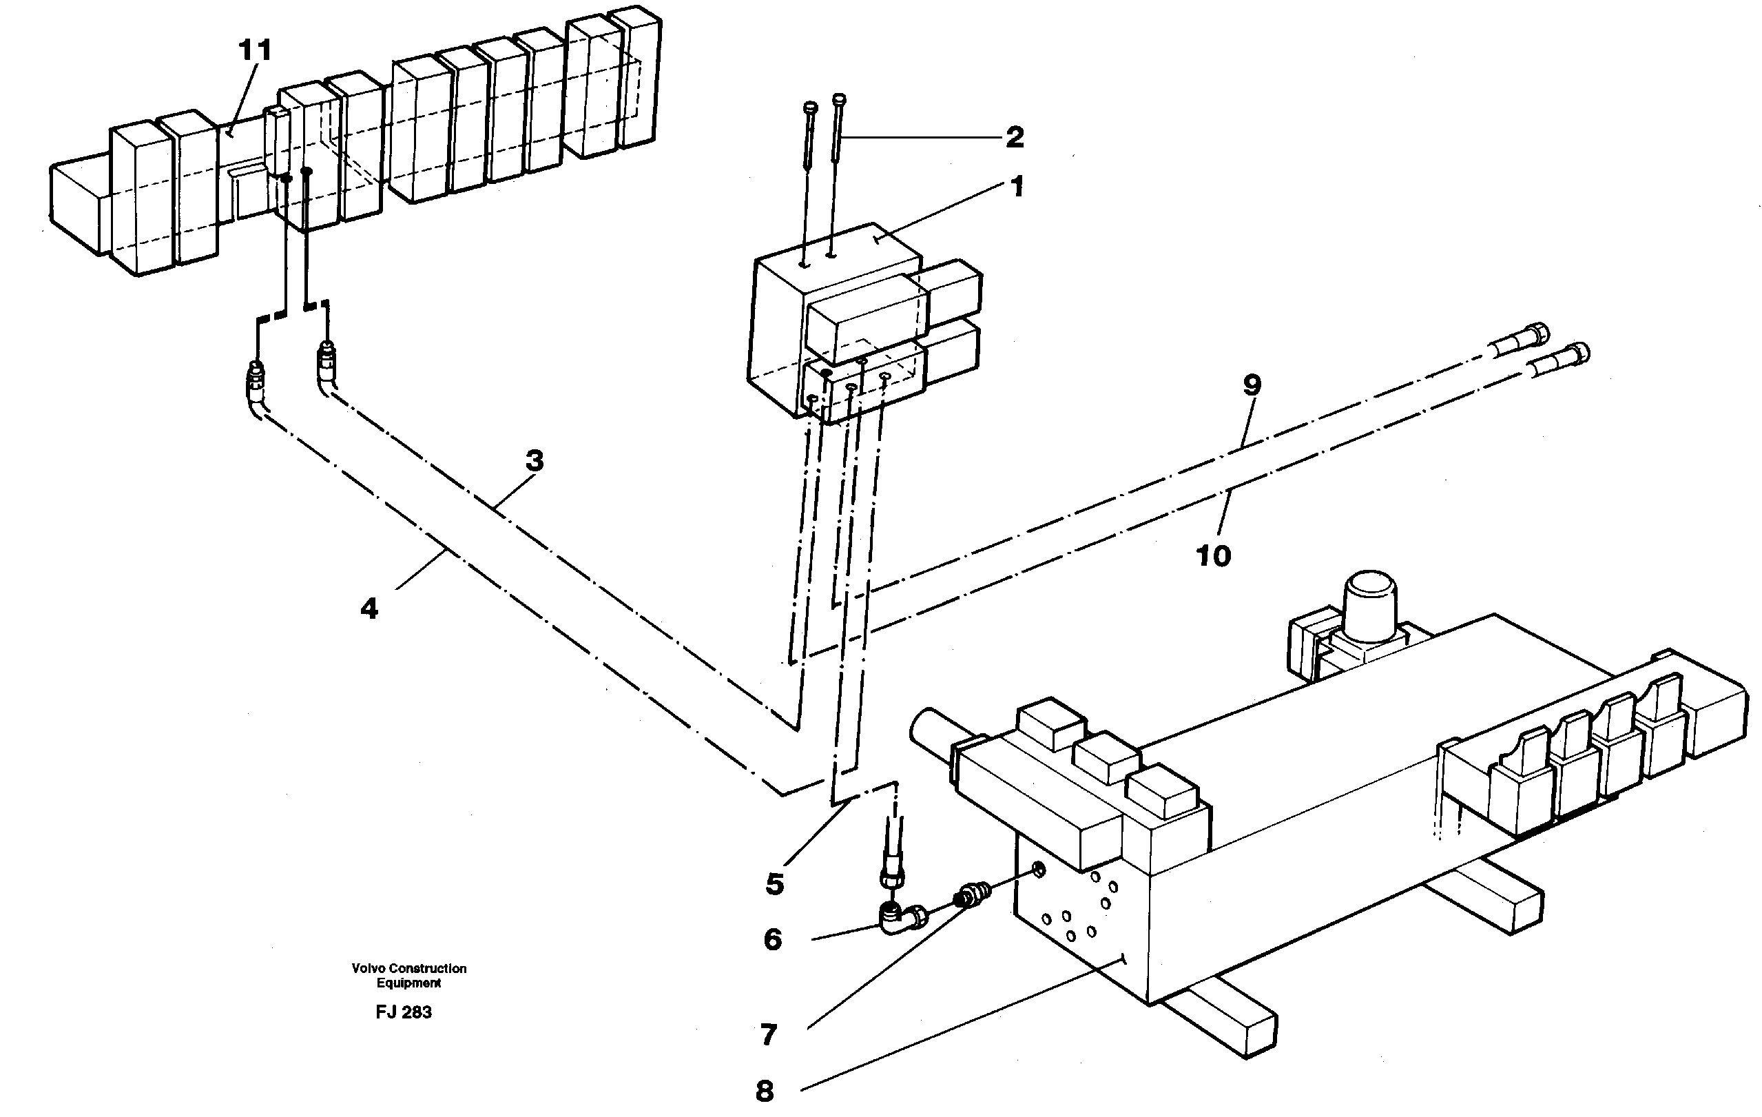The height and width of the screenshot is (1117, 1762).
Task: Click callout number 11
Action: click(x=256, y=50)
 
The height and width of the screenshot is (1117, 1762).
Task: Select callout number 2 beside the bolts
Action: click(x=1014, y=137)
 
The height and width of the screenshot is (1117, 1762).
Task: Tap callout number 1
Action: click(x=1017, y=187)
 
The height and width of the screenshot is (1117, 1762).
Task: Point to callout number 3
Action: click(x=535, y=460)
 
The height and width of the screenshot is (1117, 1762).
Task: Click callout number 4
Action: click(x=369, y=608)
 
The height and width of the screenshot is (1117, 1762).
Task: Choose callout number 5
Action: click(x=775, y=883)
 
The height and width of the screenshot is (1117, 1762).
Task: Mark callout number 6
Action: click(x=773, y=939)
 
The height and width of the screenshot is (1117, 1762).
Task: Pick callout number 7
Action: click(x=768, y=1034)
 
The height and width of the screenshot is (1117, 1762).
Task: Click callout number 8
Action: click(x=764, y=1091)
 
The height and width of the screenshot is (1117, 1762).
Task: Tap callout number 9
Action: click(x=1252, y=385)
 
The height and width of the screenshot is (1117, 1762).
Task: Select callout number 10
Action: click(x=1213, y=555)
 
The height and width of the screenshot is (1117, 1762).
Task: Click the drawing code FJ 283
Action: click(x=404, y=1012)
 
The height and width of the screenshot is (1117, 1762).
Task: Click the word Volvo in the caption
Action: click(x=368, y=968)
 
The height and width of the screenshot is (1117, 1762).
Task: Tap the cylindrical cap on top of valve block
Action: click(x=1370, y=596)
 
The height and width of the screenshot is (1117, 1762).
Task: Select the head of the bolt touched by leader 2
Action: click(x=840, y=99)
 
